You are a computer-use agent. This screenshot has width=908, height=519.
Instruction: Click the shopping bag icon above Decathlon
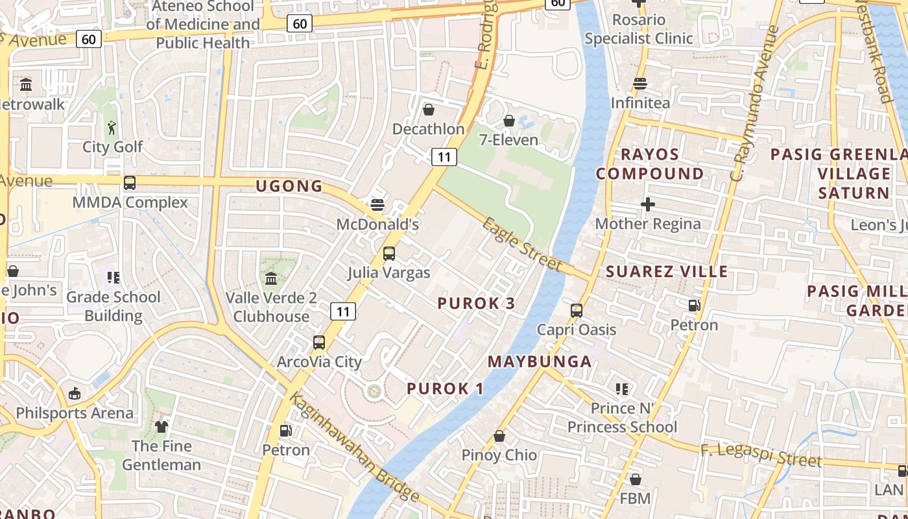(428, 110)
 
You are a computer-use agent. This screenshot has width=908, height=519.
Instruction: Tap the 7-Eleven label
(508, 139)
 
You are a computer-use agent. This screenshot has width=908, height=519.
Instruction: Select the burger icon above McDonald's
(377, 205)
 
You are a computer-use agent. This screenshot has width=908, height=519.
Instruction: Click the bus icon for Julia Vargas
(389, 253)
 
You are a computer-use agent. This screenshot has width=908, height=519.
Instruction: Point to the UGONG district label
(289, 186)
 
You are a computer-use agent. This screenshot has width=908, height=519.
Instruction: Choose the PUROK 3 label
(477, 303)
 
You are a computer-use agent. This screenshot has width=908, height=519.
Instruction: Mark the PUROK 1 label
(446, 389)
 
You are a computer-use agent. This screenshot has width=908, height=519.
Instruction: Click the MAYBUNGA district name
(540, 361)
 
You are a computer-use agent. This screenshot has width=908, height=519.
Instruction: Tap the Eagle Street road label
(522, 244)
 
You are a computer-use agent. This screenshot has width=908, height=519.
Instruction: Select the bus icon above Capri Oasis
(577, 310)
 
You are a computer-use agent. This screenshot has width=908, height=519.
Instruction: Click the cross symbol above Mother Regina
(647, 205)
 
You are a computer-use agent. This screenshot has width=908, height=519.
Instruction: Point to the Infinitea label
(640, 103)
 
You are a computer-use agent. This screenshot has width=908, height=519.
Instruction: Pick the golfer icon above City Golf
(112, 128)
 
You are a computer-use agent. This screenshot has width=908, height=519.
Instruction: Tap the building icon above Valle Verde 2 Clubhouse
(271, 279)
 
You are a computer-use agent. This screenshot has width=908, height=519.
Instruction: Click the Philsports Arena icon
(75, 393)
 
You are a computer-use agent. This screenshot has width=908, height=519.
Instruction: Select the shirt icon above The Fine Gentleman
(161, 426)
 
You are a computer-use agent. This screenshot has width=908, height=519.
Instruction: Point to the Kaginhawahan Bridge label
(354, 448)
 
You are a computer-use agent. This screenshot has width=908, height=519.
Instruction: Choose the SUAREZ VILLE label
(667, 271)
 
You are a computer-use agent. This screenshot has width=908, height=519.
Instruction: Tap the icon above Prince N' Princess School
(622, 389)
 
